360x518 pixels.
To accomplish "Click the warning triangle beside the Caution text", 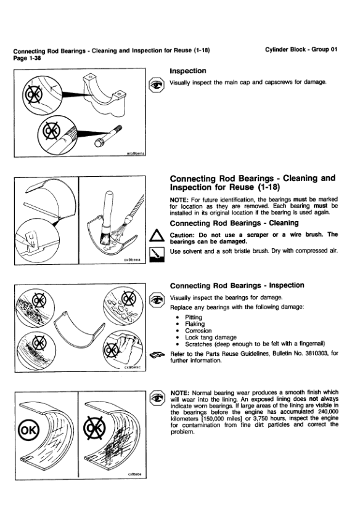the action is pos(157,237).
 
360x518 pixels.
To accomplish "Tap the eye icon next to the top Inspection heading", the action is pos(157,85).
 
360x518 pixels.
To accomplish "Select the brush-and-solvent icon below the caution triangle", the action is pos(157,255).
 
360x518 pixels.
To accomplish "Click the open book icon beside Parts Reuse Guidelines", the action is pos(157,355).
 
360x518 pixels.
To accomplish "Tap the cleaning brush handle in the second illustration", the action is pos(107,208).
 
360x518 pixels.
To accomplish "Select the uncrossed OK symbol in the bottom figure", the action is pos(29,430).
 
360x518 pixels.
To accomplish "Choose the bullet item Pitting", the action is pos(194,317).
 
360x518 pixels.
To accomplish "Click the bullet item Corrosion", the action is pos(198,331).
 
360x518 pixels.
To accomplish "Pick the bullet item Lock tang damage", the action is pos(211,338).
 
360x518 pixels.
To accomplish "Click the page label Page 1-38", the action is pos(27,58).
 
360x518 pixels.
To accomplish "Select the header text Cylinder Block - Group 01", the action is pos(301,49).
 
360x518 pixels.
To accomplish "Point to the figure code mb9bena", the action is pos(136,153).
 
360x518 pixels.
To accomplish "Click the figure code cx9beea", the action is pos(132,260).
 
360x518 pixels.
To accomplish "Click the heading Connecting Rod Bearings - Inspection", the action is pos(237,285).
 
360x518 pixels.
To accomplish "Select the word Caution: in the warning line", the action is pos(182,235).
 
